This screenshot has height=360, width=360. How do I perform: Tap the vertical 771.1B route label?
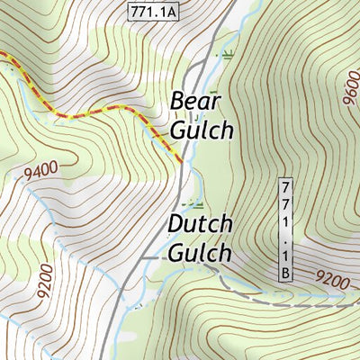coord(285,229)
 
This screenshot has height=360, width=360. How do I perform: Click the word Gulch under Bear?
coord(202,130)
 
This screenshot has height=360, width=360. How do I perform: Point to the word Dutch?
coord(200,223)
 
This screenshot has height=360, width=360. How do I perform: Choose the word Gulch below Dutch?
coord(200,253)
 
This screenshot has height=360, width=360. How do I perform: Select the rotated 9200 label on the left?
coord(45,285)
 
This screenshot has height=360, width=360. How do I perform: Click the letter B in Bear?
coord(178,100)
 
